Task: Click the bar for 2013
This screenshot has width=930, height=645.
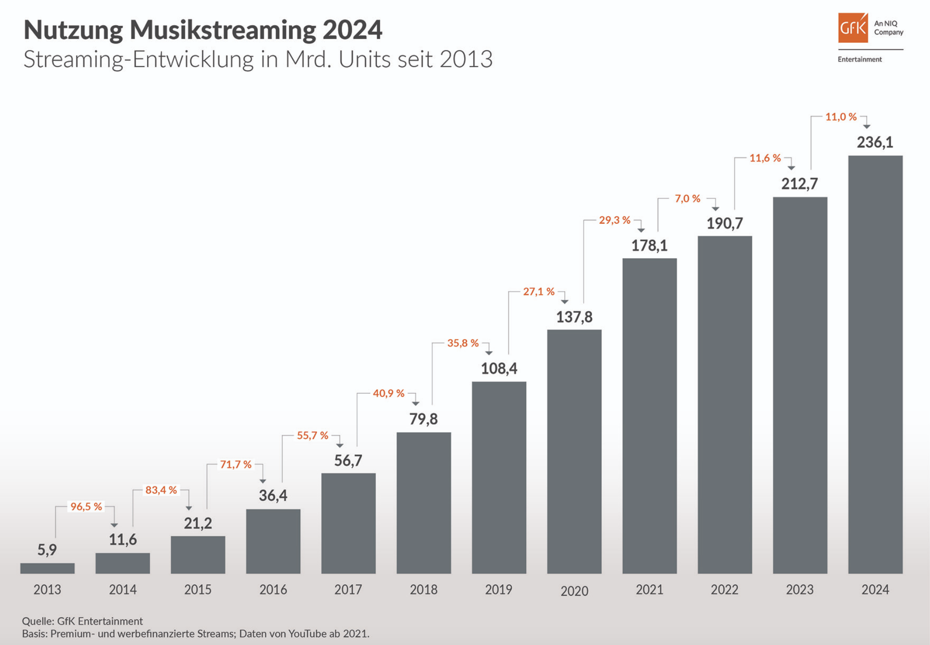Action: pos(47,568)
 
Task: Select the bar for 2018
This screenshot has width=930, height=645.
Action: pos(424,503)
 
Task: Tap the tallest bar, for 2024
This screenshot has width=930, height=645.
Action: pos(875,364)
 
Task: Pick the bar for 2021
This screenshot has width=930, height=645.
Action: pos(649,416)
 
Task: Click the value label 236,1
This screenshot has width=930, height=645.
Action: pos(875,142)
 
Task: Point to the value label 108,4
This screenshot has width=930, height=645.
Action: pos(499,368)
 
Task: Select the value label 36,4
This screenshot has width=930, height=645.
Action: pos(273,496)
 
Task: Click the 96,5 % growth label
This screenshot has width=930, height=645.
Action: pos(86,507)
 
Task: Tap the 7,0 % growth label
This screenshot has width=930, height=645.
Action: pos(687,198)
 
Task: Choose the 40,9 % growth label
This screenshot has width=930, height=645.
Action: pos(388,393)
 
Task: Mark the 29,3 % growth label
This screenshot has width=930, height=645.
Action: pos(614,220)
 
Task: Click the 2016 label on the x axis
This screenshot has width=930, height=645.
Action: pos(273,589)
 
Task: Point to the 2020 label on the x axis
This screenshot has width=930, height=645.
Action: pos(574,591)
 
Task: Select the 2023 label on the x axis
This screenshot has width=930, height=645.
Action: pos(800,589)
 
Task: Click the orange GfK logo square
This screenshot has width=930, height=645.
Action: pos(853,28)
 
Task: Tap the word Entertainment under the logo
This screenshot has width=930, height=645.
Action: pos(859,59)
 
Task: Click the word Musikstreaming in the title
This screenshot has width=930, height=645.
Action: pos(223,30)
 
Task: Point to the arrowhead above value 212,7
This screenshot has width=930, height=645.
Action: pos(791,168)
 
